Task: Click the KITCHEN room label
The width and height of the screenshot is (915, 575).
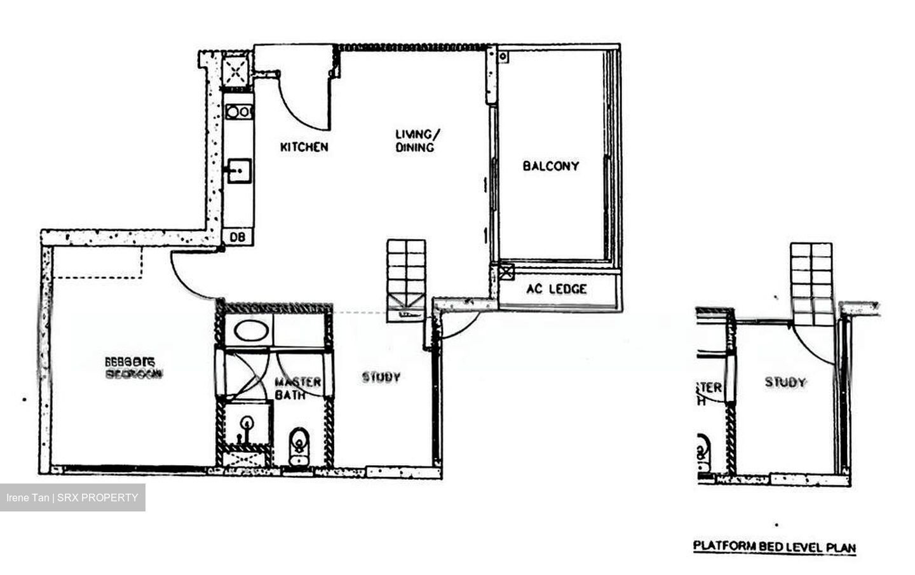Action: pyautogui.click(x=304, y=147)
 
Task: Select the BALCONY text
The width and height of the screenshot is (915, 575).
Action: pyautogui.click(x=551, y=166)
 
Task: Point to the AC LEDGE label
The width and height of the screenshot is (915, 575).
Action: pyautogui.click(x=557, y=289)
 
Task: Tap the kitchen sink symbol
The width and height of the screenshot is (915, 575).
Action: pyautogui.click(x=240, y=170)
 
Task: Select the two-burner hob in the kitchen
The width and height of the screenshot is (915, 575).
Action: pyautogui.click(x=239, y=112)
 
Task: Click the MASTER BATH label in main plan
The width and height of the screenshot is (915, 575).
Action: pyautogui.click(x=297, y=388)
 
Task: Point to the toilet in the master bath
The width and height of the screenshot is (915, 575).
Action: pyautogui.click(x=299, y=445)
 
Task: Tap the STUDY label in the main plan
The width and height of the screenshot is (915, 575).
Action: pyautogui.click(x=381, y=377)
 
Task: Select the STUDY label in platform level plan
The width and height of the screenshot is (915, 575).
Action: pyautogui.click(x=785, y=382)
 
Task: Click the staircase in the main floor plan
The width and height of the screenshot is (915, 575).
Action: pyautogui.click(x=407, y=276)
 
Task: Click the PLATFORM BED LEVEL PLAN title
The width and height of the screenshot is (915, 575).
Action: pyautogui.click(x=774, y=546)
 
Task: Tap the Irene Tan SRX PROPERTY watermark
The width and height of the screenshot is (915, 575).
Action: pyautogui.click(x=72, y=497)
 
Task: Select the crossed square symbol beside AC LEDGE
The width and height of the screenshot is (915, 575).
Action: pyautogui.click(x=506, y=272)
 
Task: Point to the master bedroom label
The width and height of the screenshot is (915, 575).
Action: pyautogui.click(x=133, y=368)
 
